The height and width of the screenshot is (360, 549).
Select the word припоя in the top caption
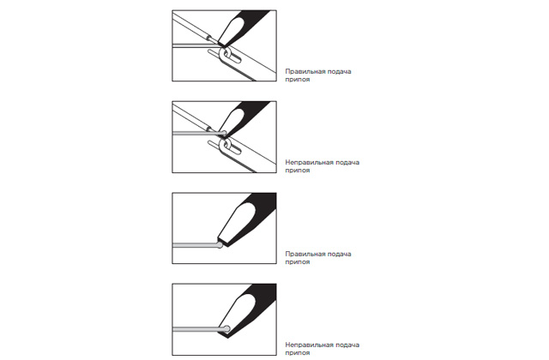coord(298,80)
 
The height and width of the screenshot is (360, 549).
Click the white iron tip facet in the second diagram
coord(232,121)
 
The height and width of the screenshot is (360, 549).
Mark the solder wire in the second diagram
coord(199,133)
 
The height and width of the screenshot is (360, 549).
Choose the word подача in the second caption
coord(347,162)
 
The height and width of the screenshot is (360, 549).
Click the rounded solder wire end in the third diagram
coord(220,245)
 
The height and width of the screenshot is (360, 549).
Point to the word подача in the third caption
coord(340,254)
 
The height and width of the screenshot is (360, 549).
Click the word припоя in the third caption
coord(298,262)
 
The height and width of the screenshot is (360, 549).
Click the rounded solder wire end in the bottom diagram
coord(226,329)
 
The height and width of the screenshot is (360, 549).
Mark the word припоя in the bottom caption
coord(298,353)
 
